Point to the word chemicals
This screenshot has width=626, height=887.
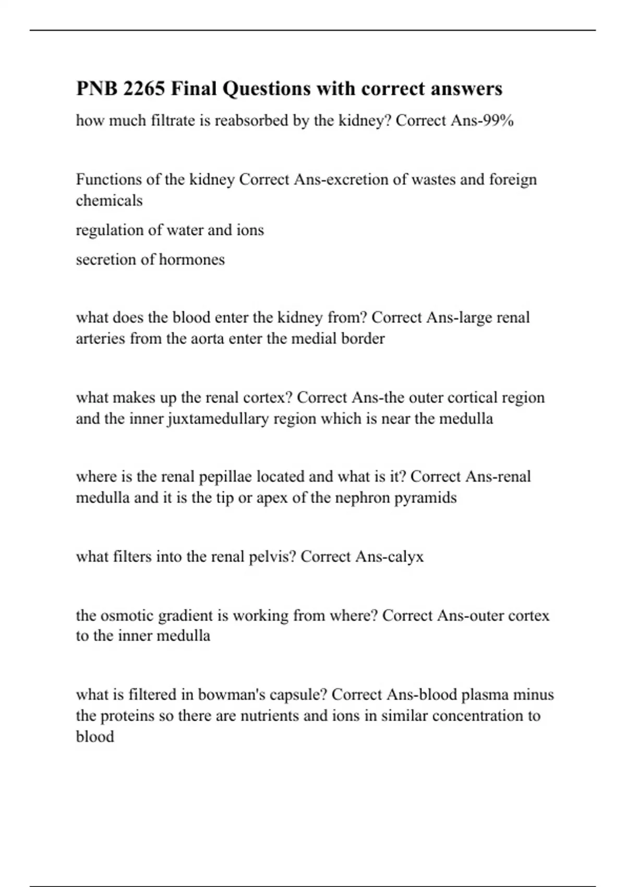point(109,200)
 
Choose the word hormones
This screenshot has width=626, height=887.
point(191,259)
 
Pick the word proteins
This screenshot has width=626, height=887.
point(128,716)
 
